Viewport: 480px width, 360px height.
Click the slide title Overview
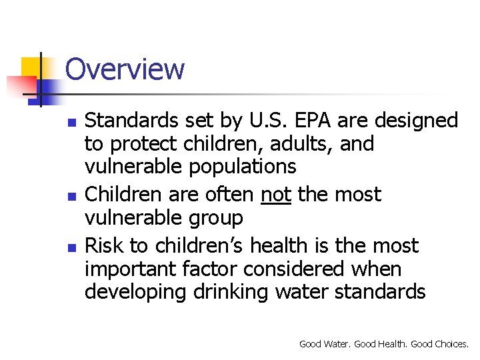point(125,69)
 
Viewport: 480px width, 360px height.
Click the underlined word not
point(275,195)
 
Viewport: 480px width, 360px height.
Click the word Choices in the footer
point(451,344)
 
